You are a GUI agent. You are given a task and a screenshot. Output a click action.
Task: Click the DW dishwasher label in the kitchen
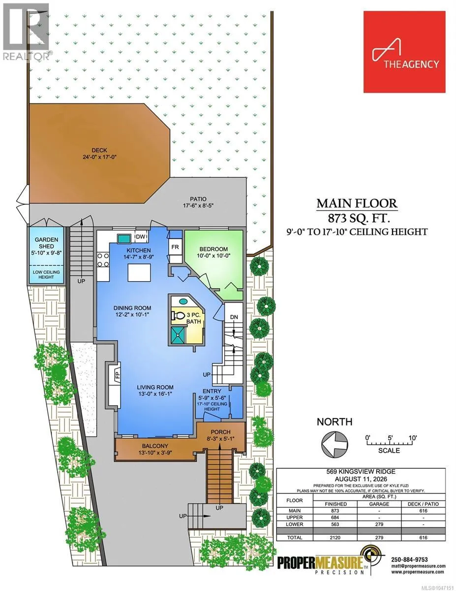[140, 236]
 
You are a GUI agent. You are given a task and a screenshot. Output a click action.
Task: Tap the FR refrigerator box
[175, 247]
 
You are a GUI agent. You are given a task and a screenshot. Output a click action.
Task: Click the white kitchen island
[139, 272]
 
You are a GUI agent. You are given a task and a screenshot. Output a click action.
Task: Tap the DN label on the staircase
[234, 317]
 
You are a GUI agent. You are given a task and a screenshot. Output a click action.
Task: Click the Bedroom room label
[213, 249]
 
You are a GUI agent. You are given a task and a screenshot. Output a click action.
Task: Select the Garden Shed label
[46, 243]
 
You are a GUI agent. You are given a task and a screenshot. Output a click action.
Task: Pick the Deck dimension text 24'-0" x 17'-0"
[99, 157]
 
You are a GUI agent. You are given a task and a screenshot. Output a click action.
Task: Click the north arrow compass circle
[334, 444]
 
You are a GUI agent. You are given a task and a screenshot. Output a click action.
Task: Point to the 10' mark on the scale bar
[413, 438]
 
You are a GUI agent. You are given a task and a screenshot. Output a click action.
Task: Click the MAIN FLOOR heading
[357, 203]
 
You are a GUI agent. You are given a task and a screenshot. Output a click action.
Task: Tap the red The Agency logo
[404, 52]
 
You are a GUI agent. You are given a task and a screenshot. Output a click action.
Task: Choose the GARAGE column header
[379, 504]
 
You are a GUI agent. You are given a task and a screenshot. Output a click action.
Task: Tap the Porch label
[220, 432]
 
